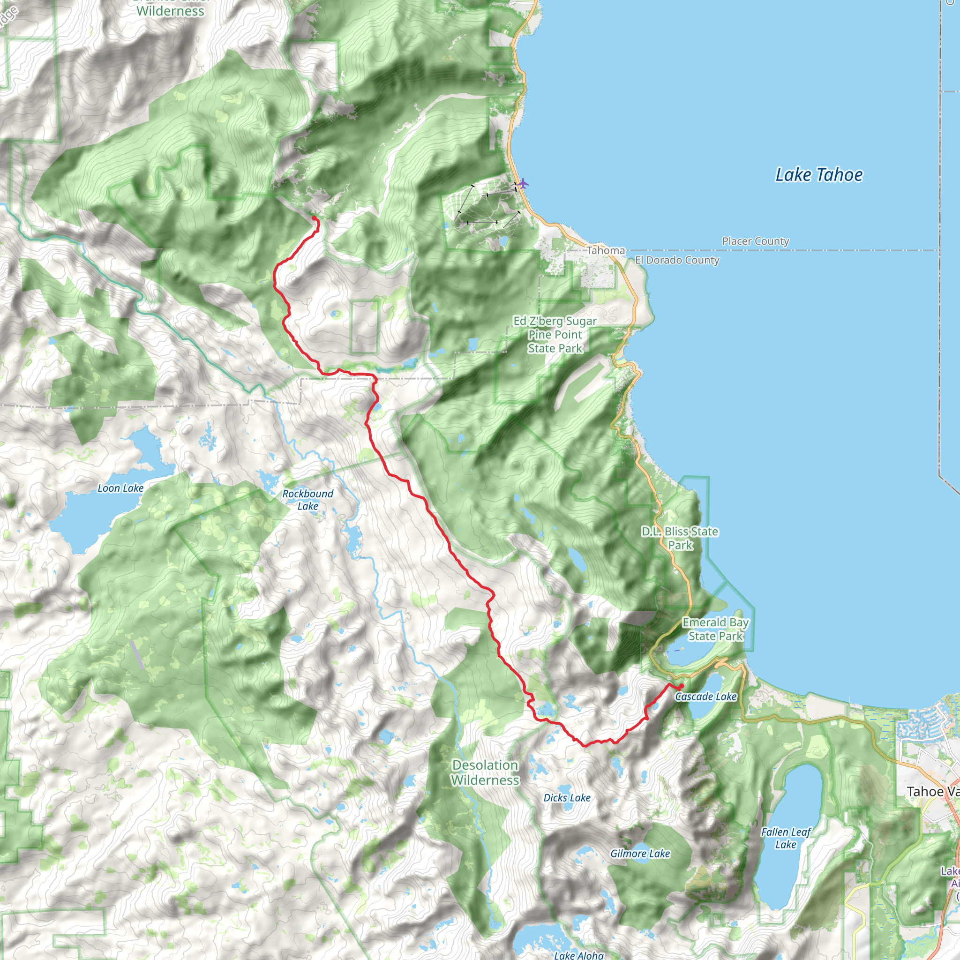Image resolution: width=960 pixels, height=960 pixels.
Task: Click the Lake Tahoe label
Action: (819, 175)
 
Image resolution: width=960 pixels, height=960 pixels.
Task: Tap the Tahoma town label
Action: (606, 250)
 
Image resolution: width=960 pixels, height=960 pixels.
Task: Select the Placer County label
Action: (755, 241)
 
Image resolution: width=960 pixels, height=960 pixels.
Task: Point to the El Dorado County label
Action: (677, 260)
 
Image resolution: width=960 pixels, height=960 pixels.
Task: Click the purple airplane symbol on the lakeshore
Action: (523, 184)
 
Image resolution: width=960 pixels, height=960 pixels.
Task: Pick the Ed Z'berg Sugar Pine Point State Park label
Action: (555, 334)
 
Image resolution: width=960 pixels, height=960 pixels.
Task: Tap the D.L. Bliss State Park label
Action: (680, 538)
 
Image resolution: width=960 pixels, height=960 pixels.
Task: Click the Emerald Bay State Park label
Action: (715, 629)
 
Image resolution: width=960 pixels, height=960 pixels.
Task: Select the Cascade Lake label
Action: (705, 697)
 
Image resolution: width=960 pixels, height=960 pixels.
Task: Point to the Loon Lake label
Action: (120, 488)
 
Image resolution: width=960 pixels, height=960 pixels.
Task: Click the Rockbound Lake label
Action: (307, 499)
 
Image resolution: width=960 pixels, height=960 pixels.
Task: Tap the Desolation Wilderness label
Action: (485, 772)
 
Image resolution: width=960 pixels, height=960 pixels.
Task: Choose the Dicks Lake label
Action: (567, 797)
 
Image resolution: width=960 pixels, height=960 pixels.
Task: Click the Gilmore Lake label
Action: (640, 854)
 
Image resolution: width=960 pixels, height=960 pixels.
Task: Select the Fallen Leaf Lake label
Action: (786, 838)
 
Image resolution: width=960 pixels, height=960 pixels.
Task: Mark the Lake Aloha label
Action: (579, 954)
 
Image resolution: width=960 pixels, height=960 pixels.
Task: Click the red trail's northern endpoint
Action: (314, 218)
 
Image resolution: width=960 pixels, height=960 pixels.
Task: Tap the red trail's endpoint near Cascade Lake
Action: (681, 686)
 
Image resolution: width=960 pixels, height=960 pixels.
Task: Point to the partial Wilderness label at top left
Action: (170, 11)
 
